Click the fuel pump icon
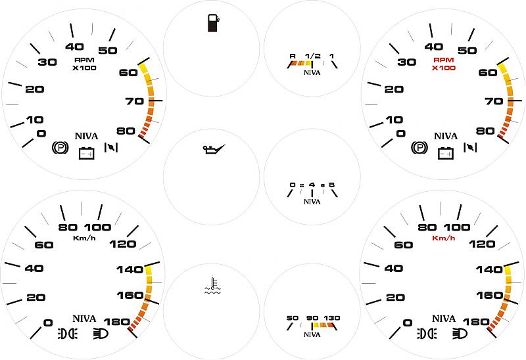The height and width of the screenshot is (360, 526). coord(213,23)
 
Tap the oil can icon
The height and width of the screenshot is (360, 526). coord(214,149)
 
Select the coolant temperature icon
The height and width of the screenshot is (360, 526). coord(212,286)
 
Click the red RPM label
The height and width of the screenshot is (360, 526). coord(443,60)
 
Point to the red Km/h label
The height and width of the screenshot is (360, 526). coord(443,238)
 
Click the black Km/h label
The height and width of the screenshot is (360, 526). coord(84,238)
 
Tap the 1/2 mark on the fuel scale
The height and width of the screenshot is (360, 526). coord(313,56)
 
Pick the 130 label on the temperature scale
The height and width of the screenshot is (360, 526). coord(332,318)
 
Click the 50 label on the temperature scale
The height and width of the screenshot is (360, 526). coord(293,318)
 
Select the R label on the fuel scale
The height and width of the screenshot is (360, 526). coord(293,56)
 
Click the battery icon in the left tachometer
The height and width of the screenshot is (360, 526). coord(87,153)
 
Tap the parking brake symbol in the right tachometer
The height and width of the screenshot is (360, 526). coord(419,148)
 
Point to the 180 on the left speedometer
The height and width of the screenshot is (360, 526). coord(117,322)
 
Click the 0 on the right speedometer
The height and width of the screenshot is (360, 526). coord(407,323)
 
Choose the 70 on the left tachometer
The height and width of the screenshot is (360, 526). coord(135,101)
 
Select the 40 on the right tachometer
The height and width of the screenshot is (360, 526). coord(434,47)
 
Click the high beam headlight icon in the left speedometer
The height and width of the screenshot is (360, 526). coord(101,334)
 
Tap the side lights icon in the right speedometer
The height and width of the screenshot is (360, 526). coord(427,334)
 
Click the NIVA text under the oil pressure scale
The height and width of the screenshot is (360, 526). coord(312,202)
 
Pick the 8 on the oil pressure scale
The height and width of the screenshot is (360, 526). coord(332,185)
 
